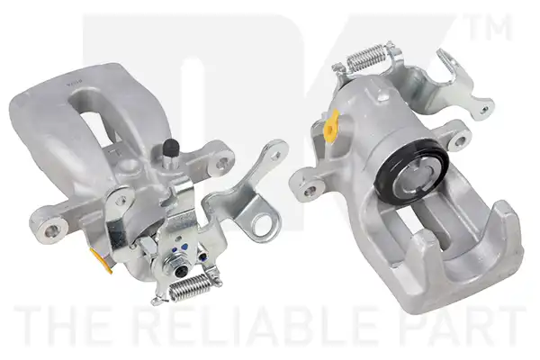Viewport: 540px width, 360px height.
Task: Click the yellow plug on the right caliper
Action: click(x=331, y=126)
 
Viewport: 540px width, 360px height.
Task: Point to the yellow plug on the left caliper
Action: click(x=101, y=259)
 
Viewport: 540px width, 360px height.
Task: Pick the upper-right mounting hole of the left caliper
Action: click(x=223, y=160)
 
